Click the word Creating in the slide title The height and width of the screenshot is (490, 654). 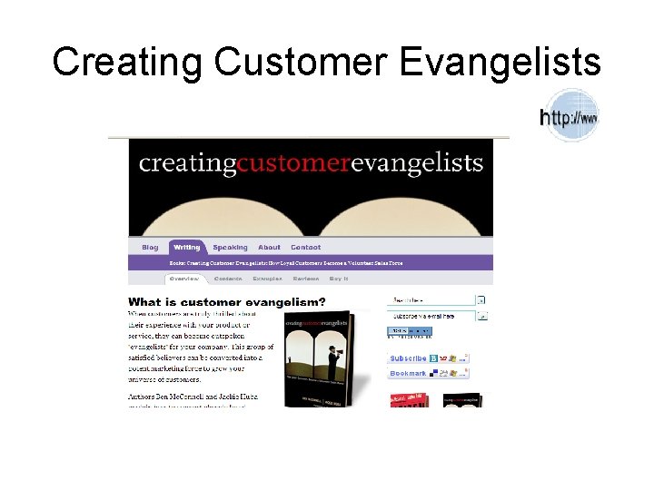tap(128, 63)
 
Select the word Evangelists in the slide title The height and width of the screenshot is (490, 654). tap(500, 63)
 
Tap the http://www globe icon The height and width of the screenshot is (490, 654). tap(570, 116)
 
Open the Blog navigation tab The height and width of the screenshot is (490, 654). tap(150, 248)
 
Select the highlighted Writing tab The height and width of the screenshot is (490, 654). tap(187, 248)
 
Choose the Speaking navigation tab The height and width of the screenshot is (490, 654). tap(230, 248)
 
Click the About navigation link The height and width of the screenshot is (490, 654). tap(269, 248)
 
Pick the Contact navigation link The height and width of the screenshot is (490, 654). tap(305, 248)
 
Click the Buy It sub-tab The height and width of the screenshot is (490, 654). tap(339, 279)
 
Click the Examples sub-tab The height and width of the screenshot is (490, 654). tap(267, 279)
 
